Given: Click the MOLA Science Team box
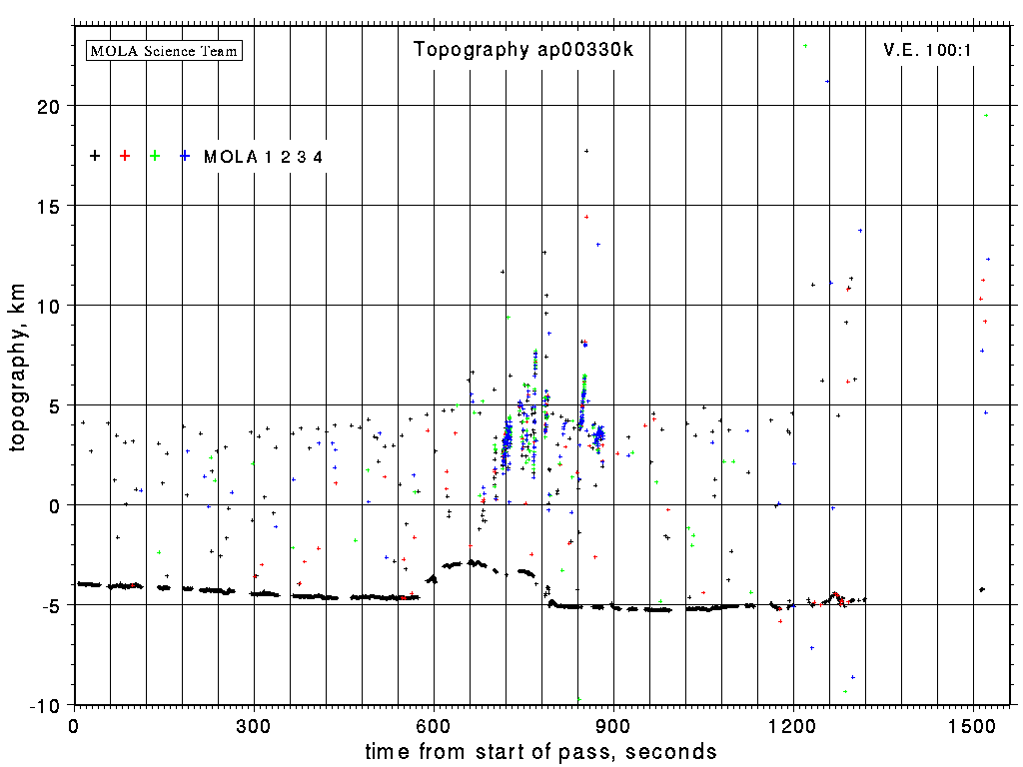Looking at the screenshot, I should click(165, 50).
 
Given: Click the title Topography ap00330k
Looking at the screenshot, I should click(523, 50).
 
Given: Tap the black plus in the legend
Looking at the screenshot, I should click(95, 156).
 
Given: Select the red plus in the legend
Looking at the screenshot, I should click(125, 156).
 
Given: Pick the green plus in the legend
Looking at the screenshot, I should click(155, 156).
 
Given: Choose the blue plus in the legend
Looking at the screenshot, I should click(185, 156).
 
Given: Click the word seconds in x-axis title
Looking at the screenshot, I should click(670, 751).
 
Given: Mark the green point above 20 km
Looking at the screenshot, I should click(805, 46).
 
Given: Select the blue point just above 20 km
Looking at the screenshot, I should click(827, 81).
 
